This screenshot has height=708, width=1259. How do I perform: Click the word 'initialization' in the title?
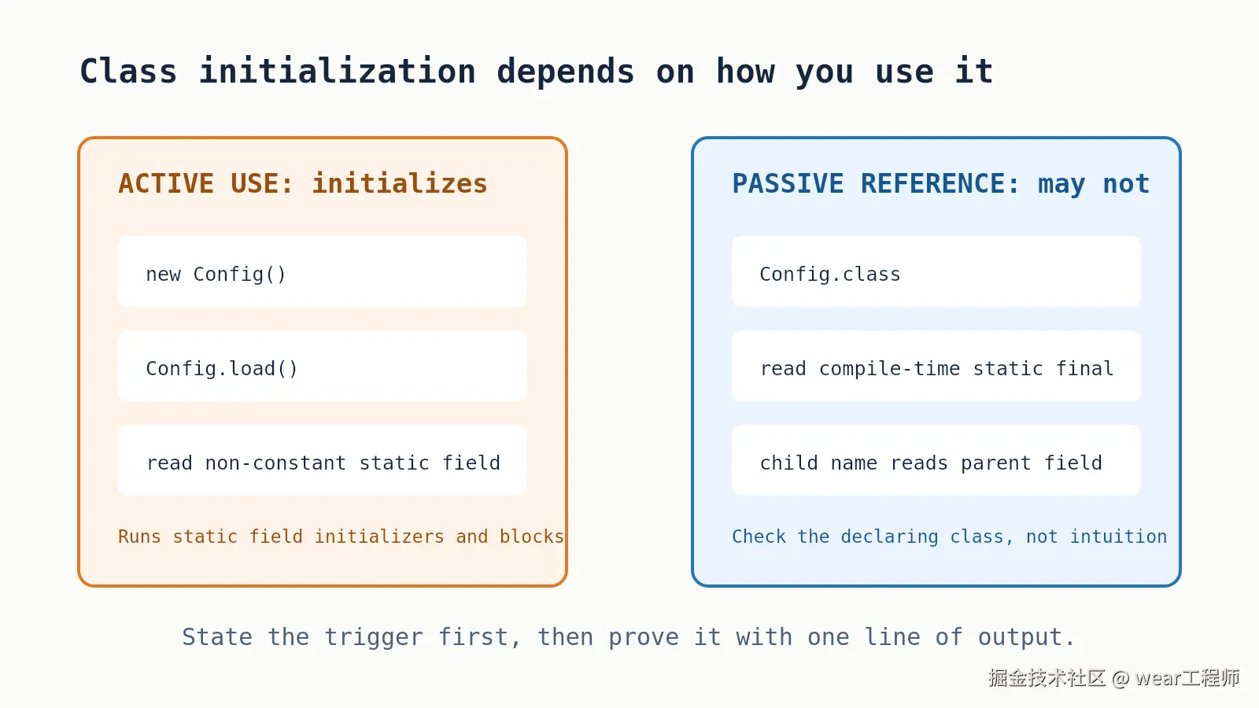pos(338,72)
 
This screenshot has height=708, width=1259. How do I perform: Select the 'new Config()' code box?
pos(323,271)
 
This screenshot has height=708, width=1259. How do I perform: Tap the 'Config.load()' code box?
pos(323,366)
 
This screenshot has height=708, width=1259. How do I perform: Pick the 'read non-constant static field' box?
pos(323,460)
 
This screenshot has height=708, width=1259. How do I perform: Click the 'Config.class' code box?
pos(936,271)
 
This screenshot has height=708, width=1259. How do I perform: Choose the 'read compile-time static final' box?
pos(936,366)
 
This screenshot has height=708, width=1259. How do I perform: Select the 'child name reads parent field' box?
pos(936,460)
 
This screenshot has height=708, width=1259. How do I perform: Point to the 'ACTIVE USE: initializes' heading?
pos(303,184)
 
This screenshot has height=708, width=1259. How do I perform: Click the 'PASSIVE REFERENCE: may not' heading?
pos(941,184)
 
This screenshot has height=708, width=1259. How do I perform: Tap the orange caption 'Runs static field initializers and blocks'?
pos(342,537)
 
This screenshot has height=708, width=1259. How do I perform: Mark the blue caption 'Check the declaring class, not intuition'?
pos(949,537)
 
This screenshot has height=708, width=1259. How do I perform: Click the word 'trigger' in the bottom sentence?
pos(374,637)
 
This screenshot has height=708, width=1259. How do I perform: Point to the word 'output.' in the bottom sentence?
pos(1026,637)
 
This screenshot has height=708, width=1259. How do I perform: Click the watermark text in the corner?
pos(1114,678)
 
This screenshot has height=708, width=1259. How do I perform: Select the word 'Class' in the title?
pos(129,72)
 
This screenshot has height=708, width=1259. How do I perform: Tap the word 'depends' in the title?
pos(566,72)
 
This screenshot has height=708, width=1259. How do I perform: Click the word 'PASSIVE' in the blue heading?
pos(788,184)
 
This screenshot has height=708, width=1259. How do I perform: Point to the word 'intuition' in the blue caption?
pos(1118,537)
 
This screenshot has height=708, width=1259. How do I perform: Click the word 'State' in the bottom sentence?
pos(217,637)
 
